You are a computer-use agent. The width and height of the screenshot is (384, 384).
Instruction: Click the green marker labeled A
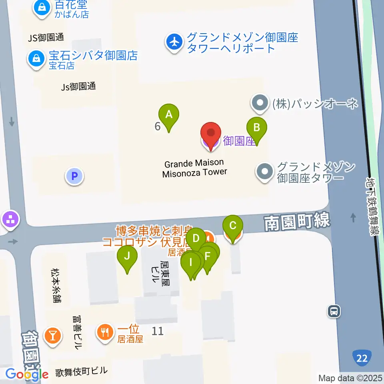pyautogui.click(x=169, y=115)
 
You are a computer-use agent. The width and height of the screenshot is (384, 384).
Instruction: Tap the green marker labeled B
pyautogui.click(x=257, y=128)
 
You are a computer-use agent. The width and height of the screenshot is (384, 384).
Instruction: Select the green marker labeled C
pyautogui.click(x=232, y=225)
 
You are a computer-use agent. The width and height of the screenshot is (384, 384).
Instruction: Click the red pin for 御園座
pyautogui.click(x=210, y=133)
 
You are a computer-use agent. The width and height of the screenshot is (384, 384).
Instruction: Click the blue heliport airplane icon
pyautogui.click(x=174, y=43)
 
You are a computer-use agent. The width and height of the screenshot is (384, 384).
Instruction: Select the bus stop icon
pyautogui.click(x=334, y=311)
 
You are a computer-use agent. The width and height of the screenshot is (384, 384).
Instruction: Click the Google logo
pyautogui.click(x=27, y=374)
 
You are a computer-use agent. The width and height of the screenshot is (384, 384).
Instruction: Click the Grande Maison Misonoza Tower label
pyautogui.click(x=195, y=168)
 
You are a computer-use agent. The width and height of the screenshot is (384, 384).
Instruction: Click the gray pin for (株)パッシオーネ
pyautogui.click(x=260, y=104)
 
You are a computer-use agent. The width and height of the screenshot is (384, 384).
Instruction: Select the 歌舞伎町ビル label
pyautogui.click(x=82, y=372)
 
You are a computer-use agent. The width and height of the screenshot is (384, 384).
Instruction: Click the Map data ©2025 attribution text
pyautogui.click(x=350, y=378)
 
